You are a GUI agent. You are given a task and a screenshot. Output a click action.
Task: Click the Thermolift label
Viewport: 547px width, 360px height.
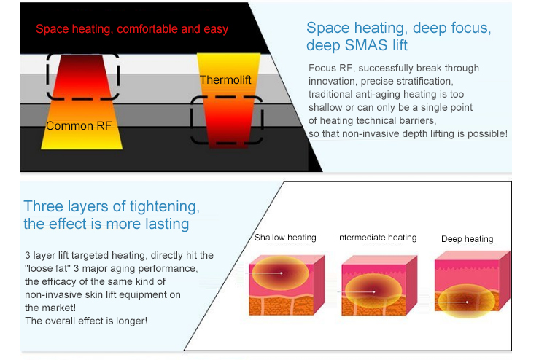pyautogui.click(x=225, y=79)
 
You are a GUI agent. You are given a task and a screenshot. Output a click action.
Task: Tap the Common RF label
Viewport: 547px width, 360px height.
pyautogui.click(x=79, y=125)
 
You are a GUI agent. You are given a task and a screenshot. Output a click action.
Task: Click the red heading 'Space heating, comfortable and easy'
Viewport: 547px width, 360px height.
pyautogui.click(x=132, y=29)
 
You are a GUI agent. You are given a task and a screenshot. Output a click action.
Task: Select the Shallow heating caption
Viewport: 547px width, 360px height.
pyautogui.click(x=285, y=238)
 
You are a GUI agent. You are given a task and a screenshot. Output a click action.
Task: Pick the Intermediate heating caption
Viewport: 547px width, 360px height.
pyautogui.click(x=376, y=238)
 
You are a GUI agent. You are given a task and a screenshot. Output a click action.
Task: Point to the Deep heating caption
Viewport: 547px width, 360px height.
pyautogui.click(x=467, y=239)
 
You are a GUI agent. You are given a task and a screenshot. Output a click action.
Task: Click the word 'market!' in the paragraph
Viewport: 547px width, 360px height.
pyautogui.click(x=44, y=308)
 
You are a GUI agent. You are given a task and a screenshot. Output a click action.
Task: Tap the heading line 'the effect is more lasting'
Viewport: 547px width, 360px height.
pyautogui.click(x=106, y=224)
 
